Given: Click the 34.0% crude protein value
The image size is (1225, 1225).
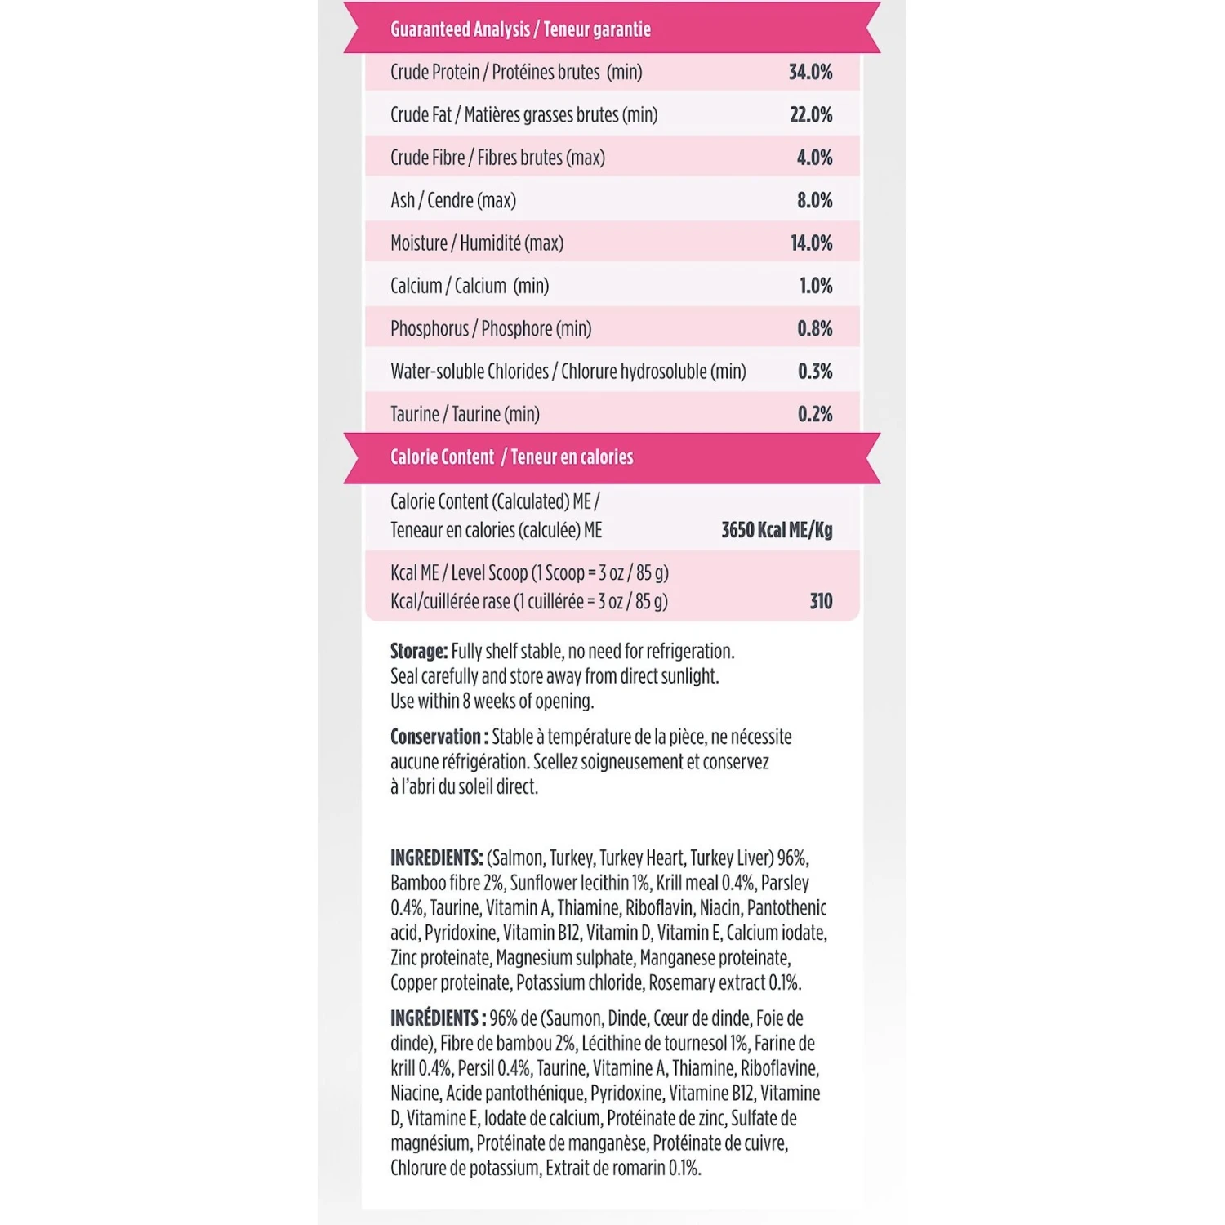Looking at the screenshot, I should tap(810, 73).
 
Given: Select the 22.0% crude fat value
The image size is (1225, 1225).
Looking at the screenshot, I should tap(811, 115).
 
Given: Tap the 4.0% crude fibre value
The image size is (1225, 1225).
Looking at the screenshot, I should tap(814, 158).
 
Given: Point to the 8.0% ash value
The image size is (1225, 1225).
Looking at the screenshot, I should tap(814, 200).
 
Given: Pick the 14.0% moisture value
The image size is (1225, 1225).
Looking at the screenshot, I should tap(811, 243).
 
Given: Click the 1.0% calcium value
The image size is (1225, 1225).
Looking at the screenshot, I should tap(815, 286).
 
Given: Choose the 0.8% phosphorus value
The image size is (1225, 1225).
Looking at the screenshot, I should tap(814, 329).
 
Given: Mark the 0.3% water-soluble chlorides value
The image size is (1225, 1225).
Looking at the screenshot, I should tap(814, 372).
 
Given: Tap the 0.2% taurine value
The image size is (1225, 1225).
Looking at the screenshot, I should tap(814, 415).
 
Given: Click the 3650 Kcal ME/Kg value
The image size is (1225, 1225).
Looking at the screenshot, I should tap(777, 531).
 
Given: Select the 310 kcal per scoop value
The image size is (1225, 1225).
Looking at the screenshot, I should tap(821, 602).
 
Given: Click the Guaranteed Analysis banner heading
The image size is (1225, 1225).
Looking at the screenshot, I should tap(520, 30).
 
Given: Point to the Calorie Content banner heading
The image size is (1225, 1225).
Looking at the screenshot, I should tap(511, 457).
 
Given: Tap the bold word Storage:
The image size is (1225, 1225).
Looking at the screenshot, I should tap(419, 652).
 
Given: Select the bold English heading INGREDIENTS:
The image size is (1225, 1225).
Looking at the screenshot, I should tap(436, 858).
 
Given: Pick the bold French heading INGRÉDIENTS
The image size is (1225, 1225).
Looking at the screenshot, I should tap(436, 1018).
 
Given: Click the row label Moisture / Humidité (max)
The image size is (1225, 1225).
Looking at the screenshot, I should tap(477, 243).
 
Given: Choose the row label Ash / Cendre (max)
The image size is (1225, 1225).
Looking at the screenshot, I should tap(453, 200).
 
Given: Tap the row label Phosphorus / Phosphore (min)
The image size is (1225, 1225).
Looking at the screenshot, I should tap(491, 329).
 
